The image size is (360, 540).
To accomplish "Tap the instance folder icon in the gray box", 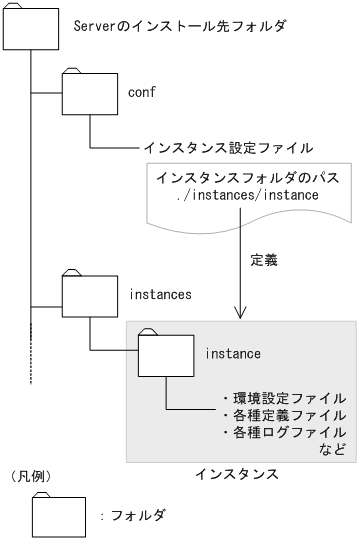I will click(166, 354).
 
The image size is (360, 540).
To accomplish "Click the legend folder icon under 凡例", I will click(59, 516).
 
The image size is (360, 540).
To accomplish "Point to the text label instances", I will click(162, 295).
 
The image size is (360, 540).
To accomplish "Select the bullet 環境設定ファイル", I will click(283, 397).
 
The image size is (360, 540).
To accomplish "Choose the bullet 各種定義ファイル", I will click(283, 414).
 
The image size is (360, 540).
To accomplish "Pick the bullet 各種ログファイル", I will click(283, 432).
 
